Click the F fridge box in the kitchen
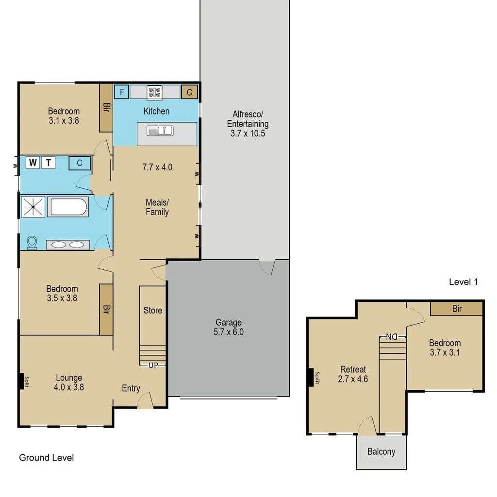pyautogui.click(x=121, y=92)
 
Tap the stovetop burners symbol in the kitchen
pyautogui.click(x=155, y=92)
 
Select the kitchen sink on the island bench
pyautogui.click(x=160, y=131)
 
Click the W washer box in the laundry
pyautogui.click(x=33, y=163)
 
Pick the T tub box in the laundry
pyautogui.click(x=49, y=163)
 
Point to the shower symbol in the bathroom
pyautogui.click(x=33, y=207)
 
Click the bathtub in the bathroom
pyautogui.click(x=68, y=207)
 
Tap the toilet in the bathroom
pyautogui.click(x=32, y=243)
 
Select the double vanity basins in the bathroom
pyautogui.click(x=68, y=245)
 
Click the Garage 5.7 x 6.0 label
pyautogui.click(x=229, y=327)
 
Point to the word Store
pyautogui.click(x=153, y=310)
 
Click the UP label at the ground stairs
pyautogui.click(x=153, y=365)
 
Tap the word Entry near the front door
pyautogui.click(x=131, y=388)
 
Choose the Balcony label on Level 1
pyautogui.click(x=381, y=452)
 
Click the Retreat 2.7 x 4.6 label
pyautogui.click(x=353, y=374)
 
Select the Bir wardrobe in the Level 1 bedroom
pyautogui.click(x=456, y=308)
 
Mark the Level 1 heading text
pyautogui.click(x=464, y=282)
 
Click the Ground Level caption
pyautogui.click(x=46, y=458)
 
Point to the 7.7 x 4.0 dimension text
pyautogui.click(x=157, y=167)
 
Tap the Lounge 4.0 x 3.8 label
pyautogui.click(x=69, y=382)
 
